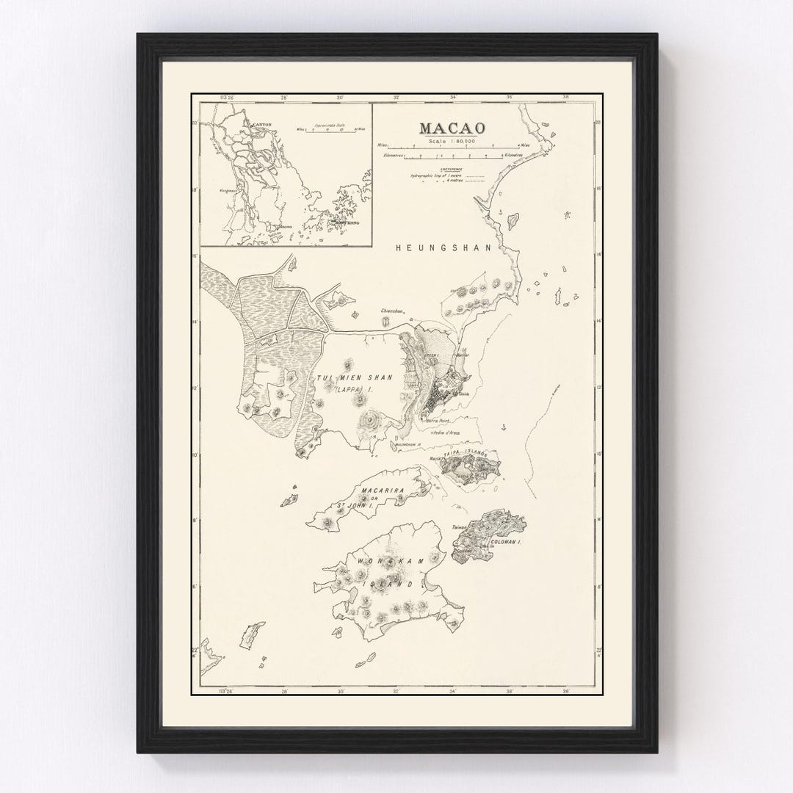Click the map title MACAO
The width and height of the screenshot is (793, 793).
(447, 127)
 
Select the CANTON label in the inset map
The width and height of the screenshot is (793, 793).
(262, 126)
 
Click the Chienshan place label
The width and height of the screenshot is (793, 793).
(392, 311)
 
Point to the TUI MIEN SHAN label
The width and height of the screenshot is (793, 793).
(355, 377)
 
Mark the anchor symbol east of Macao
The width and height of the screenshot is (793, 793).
(504, 427)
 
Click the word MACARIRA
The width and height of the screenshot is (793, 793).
(380, 488)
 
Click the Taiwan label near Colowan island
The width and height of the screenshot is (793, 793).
(459, 527)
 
